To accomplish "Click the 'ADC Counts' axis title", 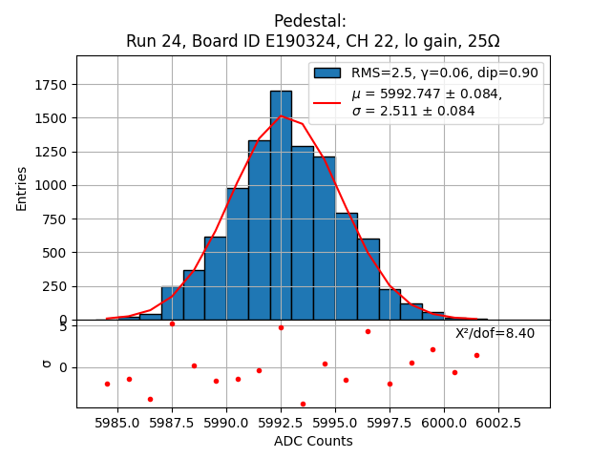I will point(313,441).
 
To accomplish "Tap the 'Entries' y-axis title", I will point(22,188).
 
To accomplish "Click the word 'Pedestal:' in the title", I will point(310,21).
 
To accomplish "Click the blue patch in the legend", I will point(327,73).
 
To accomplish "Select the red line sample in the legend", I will point(327,102).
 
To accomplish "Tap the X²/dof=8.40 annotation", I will point(495,333).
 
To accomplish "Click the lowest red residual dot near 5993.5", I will point(303,404).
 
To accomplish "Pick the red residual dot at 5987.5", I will point(172,323).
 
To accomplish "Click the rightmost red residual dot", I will point(476,355).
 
